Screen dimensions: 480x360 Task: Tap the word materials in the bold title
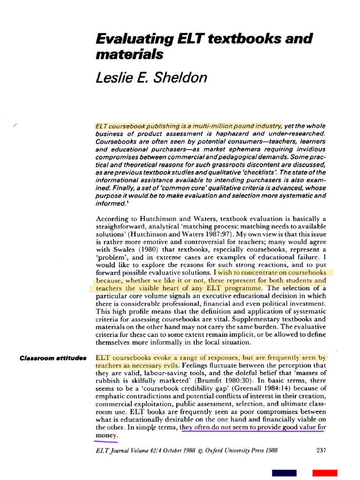[129, 54]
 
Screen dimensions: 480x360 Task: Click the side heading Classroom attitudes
[53, 359]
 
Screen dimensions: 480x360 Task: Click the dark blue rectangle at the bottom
[284, 473]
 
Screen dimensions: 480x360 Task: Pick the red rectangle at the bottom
[325, 473]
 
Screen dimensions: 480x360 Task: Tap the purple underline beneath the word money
[106, 441]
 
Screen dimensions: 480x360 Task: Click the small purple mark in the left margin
[15, 125]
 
